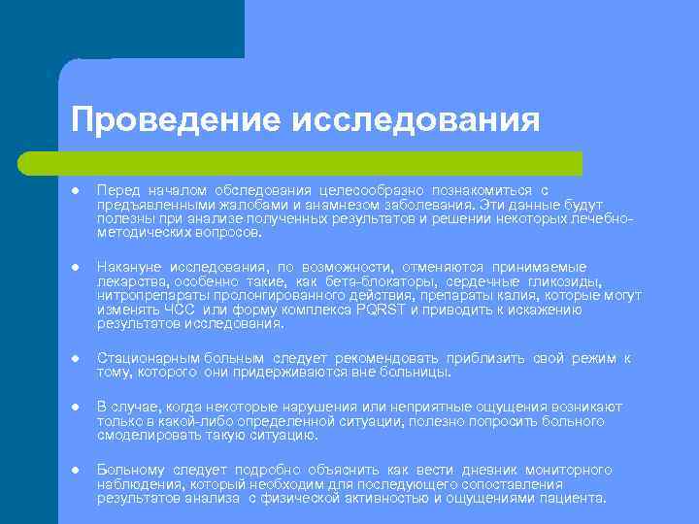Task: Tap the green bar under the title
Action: [320, 162]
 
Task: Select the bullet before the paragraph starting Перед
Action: [75, 190]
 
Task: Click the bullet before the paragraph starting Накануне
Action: [75, 266]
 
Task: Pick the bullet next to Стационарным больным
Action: [75, 359]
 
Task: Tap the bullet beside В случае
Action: [75, 407]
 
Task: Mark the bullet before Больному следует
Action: [75, 471]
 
